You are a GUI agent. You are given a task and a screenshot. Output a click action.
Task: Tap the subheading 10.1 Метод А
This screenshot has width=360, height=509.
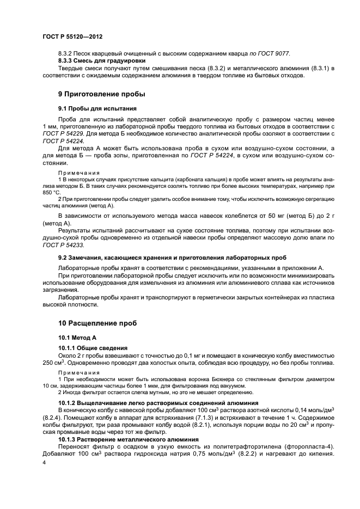pos(77,338)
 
